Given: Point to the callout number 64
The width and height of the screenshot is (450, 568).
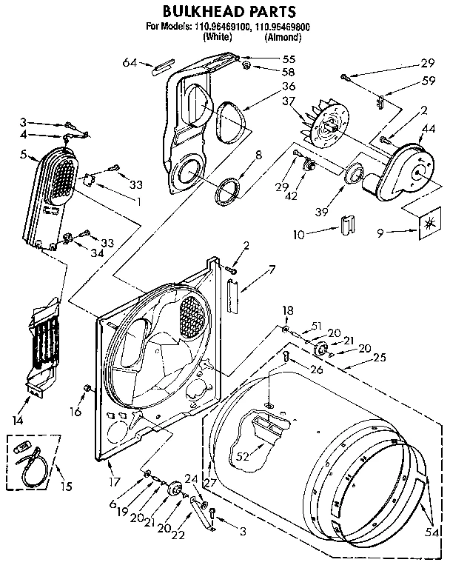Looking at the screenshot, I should point(130,63).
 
